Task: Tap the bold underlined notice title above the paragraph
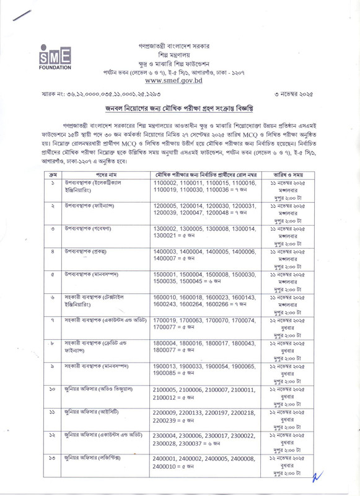click(x=180, y=108)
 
